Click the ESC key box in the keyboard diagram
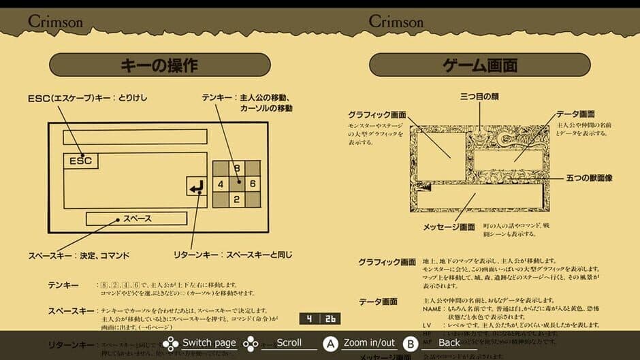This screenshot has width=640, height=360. tap(80, 161)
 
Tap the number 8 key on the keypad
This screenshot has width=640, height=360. tap(236, 168)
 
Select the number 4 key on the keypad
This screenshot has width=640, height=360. tap(221, 184)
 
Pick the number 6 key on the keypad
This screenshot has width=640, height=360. tap(252, 184)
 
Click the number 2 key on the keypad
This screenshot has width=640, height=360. tap(236, 199)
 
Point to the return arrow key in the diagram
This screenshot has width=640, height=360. tap(196, 186)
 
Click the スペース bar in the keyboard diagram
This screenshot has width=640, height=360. tap(136, 218)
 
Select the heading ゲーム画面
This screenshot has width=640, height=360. tap(479, 65)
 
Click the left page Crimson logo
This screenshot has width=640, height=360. tap(55, 21)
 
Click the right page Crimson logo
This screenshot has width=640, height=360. tap(396, 21)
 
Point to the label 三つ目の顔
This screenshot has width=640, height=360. tap(479, 97)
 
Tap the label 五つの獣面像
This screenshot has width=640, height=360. tap(589, 178)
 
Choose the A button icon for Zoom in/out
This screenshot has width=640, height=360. tap(331, 343)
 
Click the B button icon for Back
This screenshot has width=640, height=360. tap(410, 343)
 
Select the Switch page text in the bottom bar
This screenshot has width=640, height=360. tap(209, 342)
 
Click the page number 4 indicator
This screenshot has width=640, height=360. tap(309, 318)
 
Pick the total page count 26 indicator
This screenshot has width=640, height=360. tap(330, 318)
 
